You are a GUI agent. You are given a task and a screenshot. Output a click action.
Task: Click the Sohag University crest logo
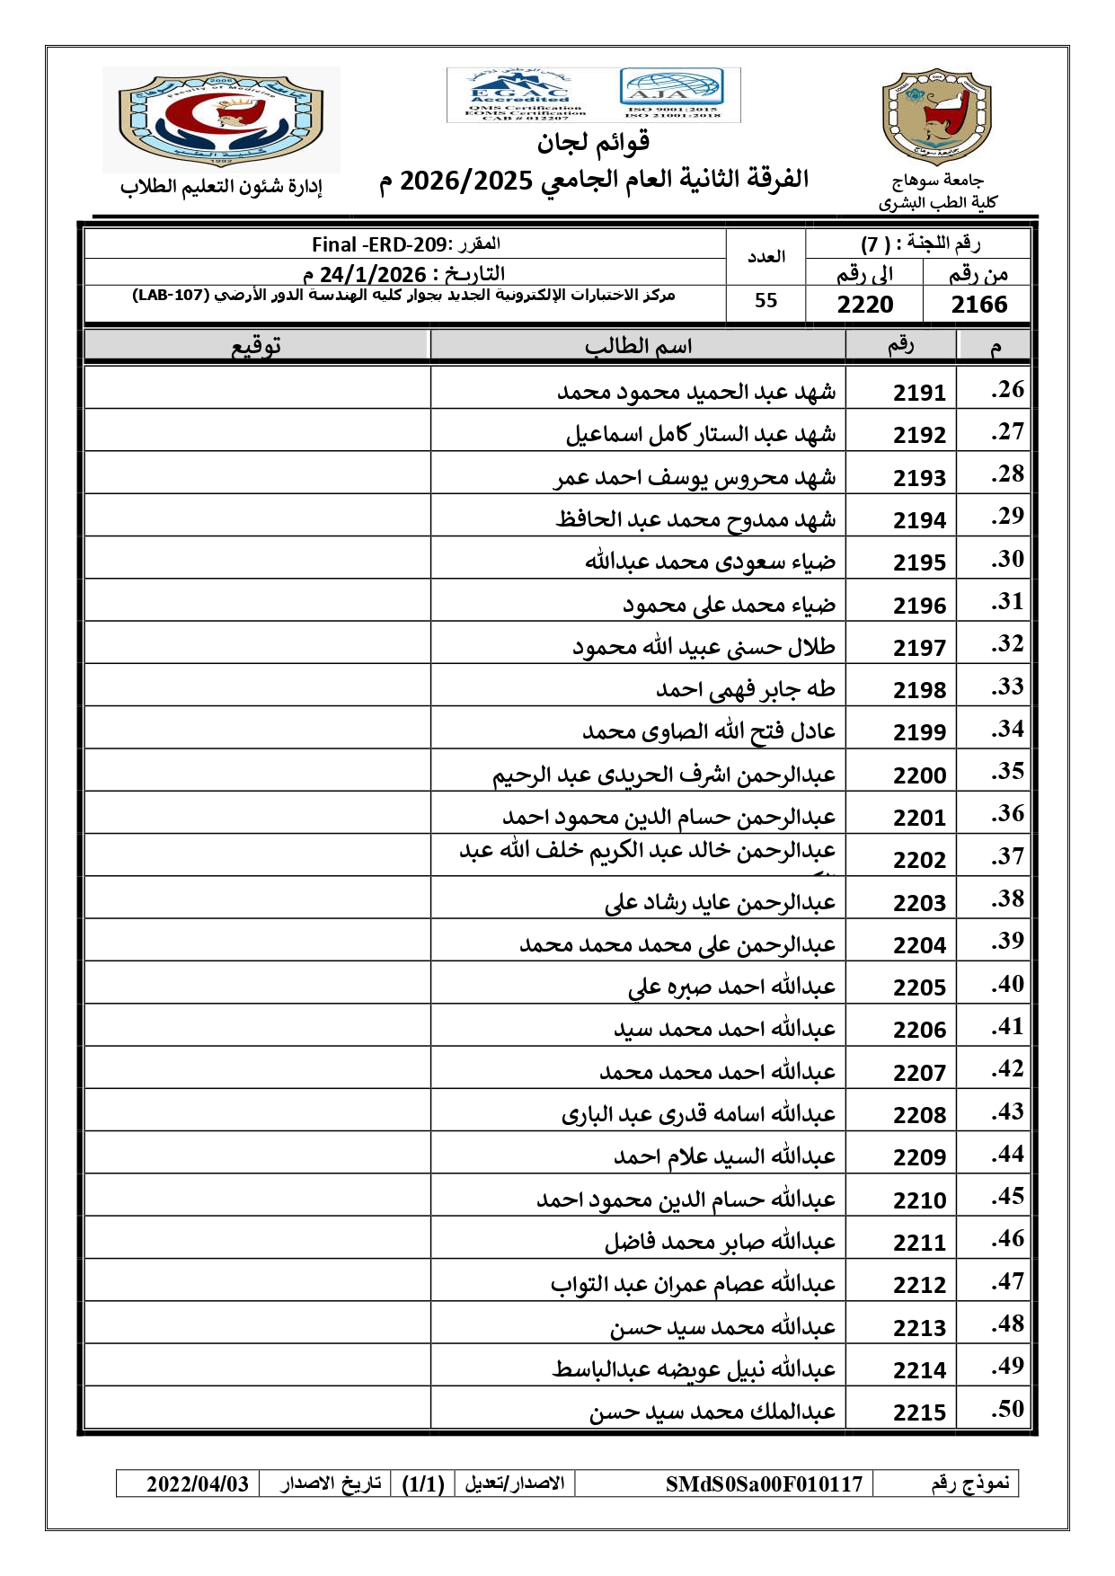pyautogui.click(x=936, y=118)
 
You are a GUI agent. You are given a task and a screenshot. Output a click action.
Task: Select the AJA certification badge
pyautogui.click(x=671, y=93)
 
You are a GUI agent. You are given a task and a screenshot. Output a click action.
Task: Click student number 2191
pyautogui.click(x=919, y=393)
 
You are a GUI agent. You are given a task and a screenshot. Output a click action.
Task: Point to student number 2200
pyautogui.click(x=919, y=775)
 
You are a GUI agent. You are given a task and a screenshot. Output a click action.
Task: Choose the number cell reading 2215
pyautogui.click(x=919, y=1412)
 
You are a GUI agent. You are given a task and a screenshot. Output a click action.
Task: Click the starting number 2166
pyautogui.click(x=978, y=305)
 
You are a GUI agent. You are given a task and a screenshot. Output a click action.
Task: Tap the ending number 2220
pyautogui.click(x=865, y=305)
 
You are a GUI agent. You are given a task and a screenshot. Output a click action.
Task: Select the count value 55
pyautogui.click(x=765, y=301)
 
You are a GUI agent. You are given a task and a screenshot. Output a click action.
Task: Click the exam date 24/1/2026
pyautogui.click(x=373, y=274)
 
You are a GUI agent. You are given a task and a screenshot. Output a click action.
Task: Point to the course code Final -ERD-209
pyautogui.click(x=378, y=244)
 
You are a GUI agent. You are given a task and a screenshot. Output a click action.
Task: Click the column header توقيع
pyautogui.click(x=256, y=346)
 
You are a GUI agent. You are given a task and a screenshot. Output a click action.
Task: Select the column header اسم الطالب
pyautogui.click(x=638, y=346)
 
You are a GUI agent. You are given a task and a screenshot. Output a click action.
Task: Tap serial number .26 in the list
pyautogui.click(x=1007, y=390)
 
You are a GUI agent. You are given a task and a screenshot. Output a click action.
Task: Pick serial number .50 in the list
pyautogui.click(x=1007, y=1409)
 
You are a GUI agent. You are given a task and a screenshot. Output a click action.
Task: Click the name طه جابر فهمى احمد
pyautogui.click(x=746, y=689)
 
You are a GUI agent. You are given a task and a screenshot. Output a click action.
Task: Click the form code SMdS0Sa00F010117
pyautogui.click(x=764, y=1483)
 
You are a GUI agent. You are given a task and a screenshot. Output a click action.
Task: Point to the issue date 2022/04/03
pyautogui.click(x=198, y=1483)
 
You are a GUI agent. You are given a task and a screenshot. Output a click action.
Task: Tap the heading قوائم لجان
pyautogui.click(x=593, y=142)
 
